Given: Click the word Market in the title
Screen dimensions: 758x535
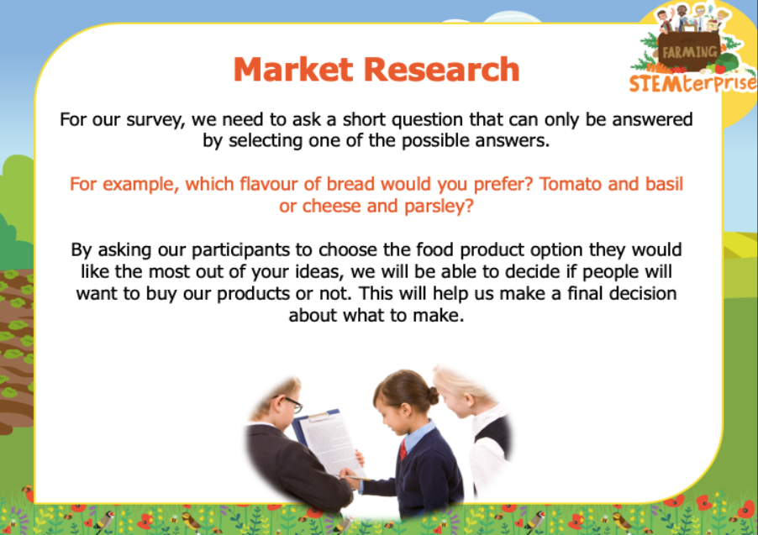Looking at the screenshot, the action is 293,69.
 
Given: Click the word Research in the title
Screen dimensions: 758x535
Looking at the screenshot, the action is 441,69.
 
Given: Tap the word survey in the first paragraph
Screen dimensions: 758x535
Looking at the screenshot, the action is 155,120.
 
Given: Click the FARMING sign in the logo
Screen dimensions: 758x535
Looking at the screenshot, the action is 690,51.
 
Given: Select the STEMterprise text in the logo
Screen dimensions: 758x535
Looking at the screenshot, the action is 692,83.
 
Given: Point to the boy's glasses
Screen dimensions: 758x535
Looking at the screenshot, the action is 289,402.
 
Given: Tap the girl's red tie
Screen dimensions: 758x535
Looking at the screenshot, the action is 403,450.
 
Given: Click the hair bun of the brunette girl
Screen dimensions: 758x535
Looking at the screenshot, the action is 433,396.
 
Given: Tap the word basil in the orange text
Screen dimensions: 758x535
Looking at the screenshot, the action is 663,184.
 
